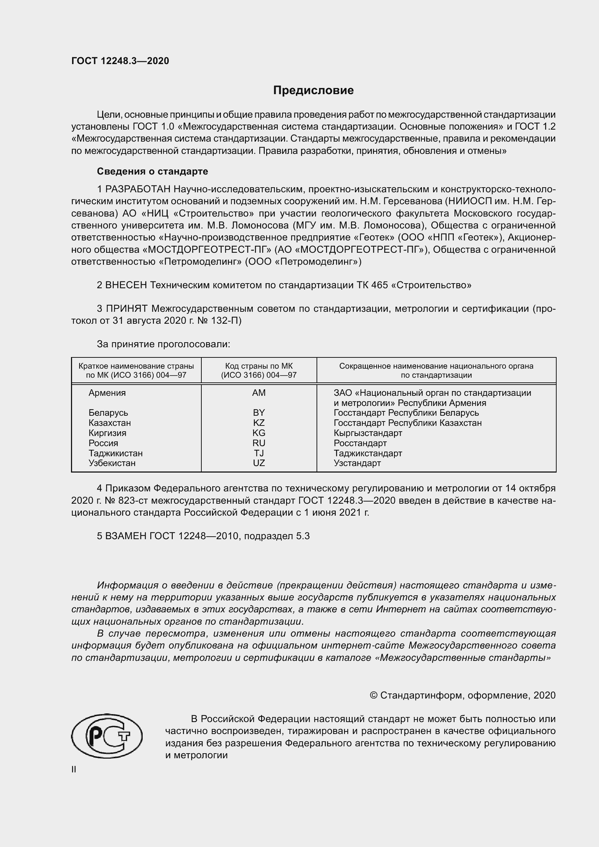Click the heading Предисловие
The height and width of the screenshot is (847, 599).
(313, 91)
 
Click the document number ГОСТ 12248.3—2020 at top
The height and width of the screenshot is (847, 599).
(120, 61)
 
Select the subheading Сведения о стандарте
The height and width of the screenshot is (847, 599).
(152, 171)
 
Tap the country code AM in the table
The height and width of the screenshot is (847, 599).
(259, 393)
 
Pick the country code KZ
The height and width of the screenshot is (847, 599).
(259, 423)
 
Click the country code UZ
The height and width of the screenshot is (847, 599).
(259, 463)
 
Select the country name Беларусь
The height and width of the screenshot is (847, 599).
(108, 413)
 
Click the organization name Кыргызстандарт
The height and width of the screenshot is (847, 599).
(368, 433)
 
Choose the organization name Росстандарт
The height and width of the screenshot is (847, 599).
(360, 443)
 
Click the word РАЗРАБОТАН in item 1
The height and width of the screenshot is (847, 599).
(138, 189)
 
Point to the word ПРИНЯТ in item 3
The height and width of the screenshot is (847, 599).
(127, 309)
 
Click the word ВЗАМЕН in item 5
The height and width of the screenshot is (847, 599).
(126, 536)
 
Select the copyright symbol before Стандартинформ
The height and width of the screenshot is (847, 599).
(373, 696)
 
